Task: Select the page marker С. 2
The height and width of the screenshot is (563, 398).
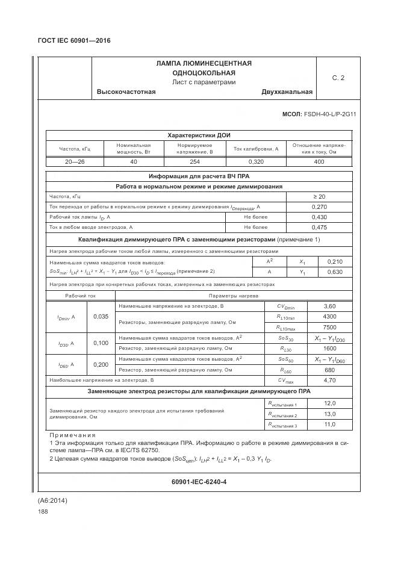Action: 338,78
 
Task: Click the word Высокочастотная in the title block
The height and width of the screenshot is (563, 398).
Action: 126,92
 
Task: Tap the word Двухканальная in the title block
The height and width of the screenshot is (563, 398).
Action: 287,92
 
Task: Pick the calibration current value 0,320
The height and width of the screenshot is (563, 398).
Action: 255,162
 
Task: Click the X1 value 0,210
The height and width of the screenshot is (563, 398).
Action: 334,262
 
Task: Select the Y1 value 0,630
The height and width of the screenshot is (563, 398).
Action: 334,272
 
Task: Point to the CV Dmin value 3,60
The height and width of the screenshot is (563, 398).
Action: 329,306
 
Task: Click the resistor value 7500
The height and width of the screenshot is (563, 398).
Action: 329,327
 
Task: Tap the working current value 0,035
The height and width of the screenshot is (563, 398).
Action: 101,317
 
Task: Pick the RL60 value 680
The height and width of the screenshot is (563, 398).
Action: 329,369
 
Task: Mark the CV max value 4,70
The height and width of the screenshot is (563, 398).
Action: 329,381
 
